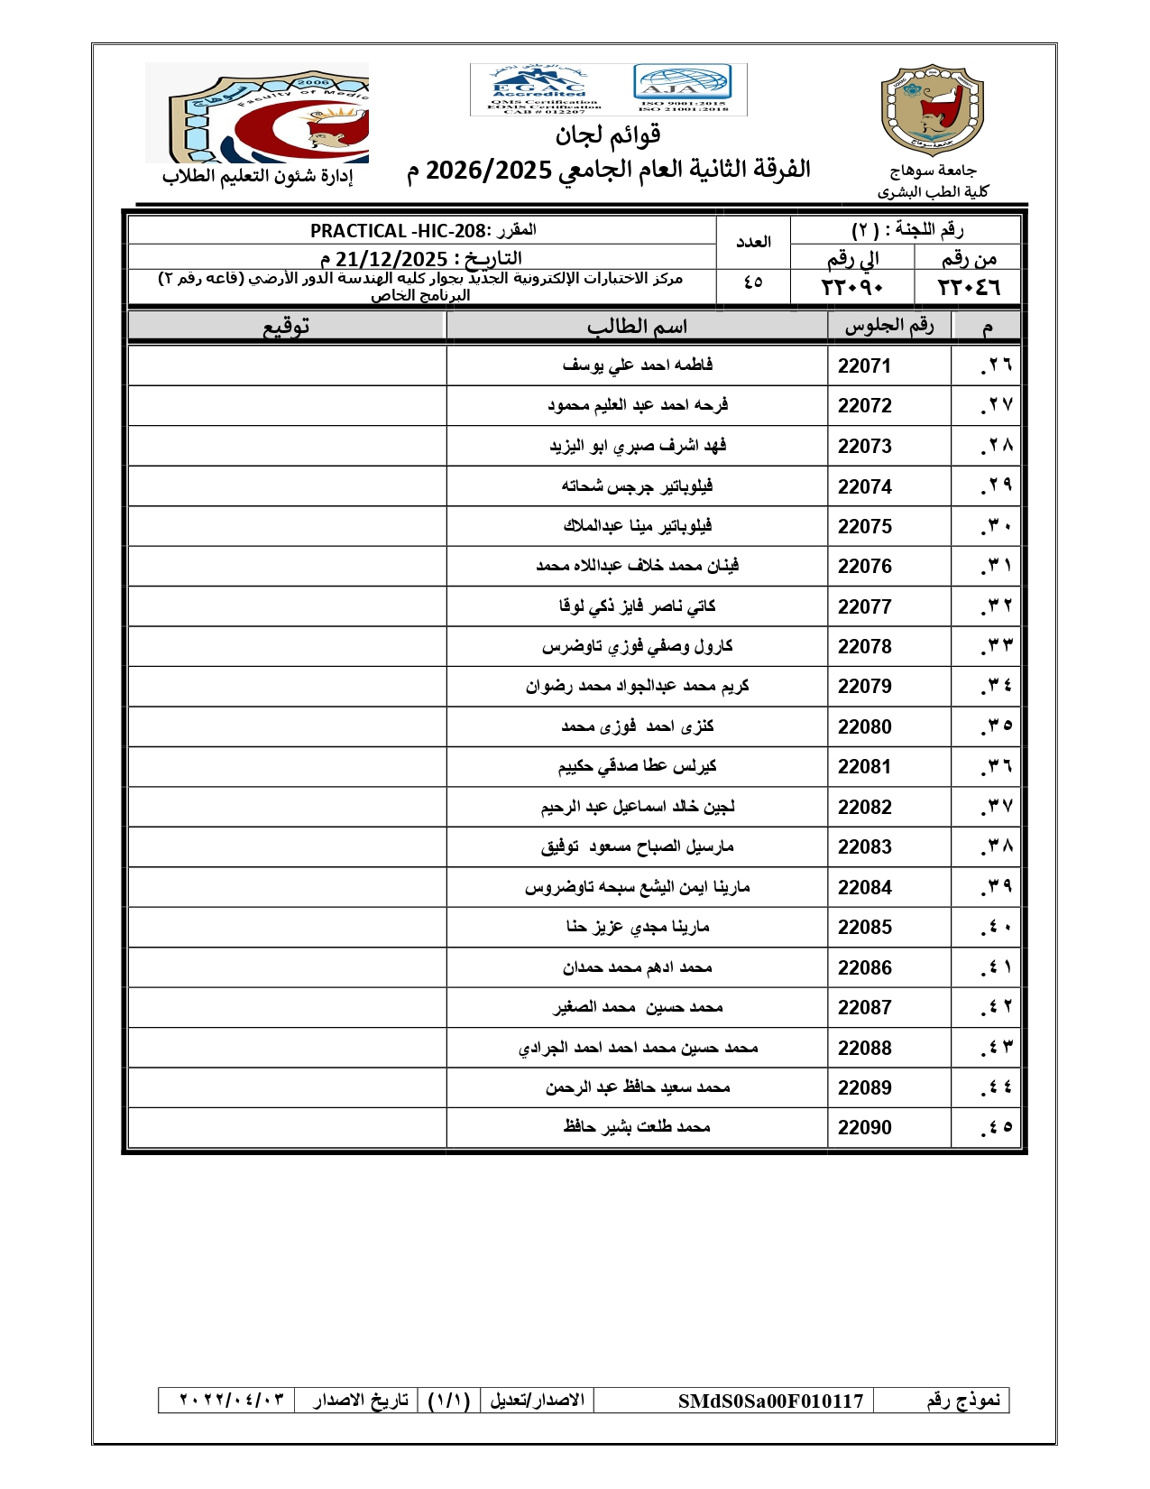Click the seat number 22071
(863, 365)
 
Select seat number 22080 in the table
(863, 726)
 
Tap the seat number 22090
(863, 1127)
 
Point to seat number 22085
(863, 927)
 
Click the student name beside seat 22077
(637, 606)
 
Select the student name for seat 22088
(637, 1048)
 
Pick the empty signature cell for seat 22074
(287, 486)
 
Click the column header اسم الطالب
(637, 326)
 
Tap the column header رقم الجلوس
(888, 326)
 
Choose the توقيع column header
(287, 326)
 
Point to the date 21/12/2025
(391, 259)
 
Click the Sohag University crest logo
(932, 110)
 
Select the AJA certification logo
(683, 88)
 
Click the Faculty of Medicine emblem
(258, 112)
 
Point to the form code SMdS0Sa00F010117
(770, 1401)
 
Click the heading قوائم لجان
(608, 135)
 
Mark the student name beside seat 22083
(637, 846)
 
